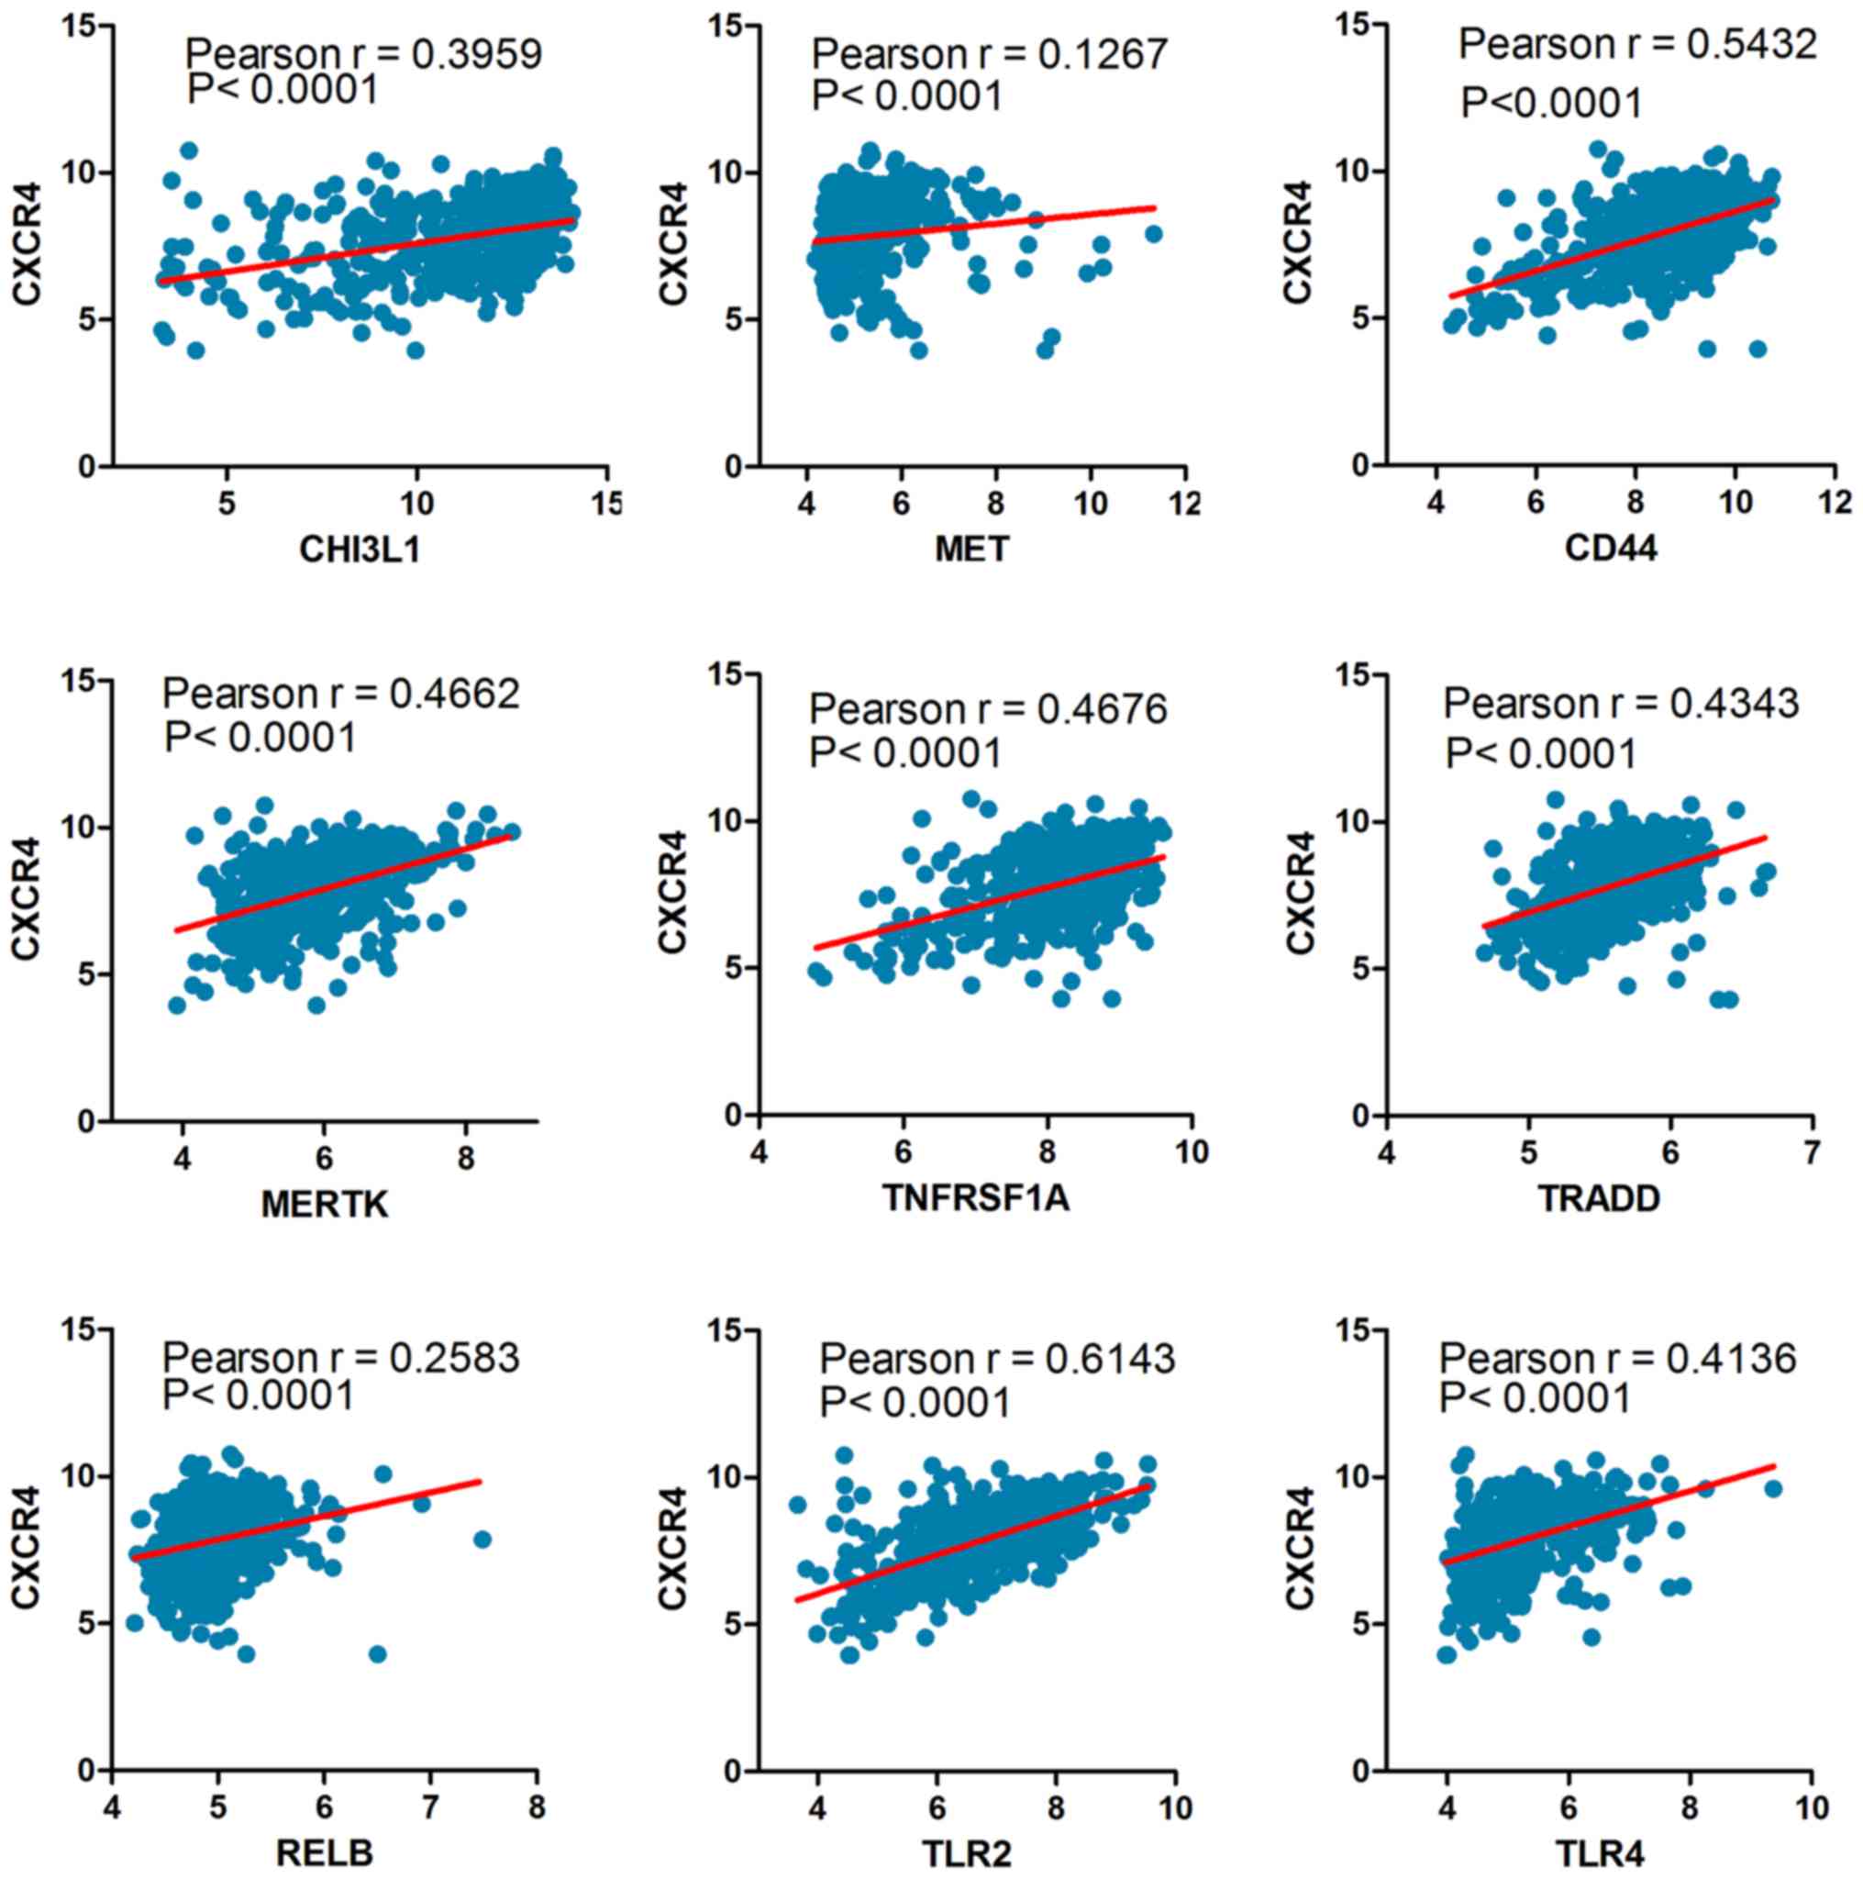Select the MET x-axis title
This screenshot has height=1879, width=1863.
(x=971, y=550)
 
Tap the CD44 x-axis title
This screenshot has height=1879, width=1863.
(x=1611, y=550)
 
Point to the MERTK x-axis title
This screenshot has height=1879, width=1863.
(x=325, y=1205)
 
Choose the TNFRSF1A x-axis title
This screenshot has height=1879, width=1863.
(x=976, y=1198)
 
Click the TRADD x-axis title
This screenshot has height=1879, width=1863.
(x=1600, y=1198)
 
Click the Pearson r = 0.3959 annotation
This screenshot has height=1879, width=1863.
(x=363, y=54)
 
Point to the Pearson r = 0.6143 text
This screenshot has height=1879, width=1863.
(x=998, y=1359)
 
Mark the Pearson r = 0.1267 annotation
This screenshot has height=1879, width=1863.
(x=990, y=54)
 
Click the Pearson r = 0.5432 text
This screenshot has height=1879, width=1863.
(x=1638, y=44)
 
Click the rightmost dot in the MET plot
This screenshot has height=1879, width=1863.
(x=1153, y=233)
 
